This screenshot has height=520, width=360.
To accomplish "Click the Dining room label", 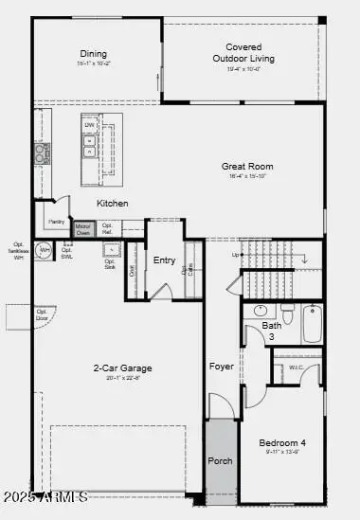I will pyautogui.click(x=93, y=54).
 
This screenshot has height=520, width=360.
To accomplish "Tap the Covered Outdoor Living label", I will pyautogui.click(x=250, y=52).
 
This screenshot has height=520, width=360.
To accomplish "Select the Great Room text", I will pyautogui.click(x=247, y=166).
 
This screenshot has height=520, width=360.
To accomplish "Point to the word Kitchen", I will pyautogui.click(x=112, y=204).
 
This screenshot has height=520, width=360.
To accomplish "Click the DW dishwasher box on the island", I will pyautogui.click(x=89, y=125).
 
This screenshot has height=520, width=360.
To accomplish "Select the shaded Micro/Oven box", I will pyautogui.click(x=83, y=227).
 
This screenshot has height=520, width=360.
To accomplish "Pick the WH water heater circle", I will pyautogui.click(x=44, y=251).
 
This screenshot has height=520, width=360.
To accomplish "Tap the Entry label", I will pyautogui.click(x=164, y=260).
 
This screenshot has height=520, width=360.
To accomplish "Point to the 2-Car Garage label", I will pyautogui.click(x=122, y=368).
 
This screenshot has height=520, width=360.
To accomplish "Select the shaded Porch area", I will pyautogui.click(x=220, y=459).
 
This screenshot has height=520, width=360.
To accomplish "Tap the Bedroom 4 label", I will pyautogui.click(x=283, y=442).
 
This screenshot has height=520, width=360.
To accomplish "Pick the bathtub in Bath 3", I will pyautogui.click(x=314, y=324).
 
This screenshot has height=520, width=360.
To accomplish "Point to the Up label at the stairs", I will pyautogui.click(x=235, y=255).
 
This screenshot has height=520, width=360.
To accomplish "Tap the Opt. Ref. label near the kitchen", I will pyautogui.click(x=108, y=227).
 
